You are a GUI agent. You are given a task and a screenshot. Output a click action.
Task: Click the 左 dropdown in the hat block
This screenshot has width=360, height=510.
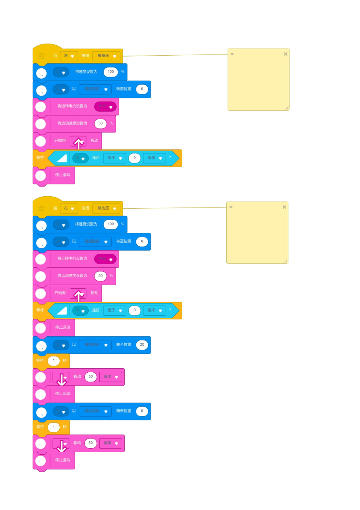click(69, 56)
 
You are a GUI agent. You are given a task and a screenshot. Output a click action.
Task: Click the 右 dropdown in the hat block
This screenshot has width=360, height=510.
click(69, 208)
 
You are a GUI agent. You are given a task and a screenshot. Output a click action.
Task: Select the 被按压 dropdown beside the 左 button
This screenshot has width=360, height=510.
click(107, 56)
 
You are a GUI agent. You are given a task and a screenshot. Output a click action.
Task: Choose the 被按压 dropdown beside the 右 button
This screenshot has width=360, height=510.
click(107, 208)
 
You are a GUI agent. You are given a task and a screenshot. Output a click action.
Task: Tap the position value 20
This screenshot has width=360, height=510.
click(142, 345)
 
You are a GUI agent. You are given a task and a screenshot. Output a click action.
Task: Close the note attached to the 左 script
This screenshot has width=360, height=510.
click(285, 54)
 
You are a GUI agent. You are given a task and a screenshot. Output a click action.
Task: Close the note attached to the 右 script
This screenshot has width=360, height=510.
click(284, 207)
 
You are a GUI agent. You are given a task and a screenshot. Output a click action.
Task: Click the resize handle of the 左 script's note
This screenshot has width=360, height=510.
click(287, 108)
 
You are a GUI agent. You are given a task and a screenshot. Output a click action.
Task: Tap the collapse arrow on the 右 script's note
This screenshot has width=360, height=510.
click(231, 207)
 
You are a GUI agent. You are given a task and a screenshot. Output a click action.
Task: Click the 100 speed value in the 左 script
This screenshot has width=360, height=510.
click(111, 72)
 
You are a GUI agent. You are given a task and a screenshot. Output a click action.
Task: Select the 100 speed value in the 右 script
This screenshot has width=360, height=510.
click(111, 224)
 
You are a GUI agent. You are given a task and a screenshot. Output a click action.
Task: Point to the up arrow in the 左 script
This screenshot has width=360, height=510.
click(78, 142)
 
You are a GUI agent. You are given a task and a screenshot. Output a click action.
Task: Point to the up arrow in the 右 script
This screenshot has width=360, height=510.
click(78, 295)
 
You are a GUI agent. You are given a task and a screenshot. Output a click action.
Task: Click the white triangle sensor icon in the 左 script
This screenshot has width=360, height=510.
click(62, 158)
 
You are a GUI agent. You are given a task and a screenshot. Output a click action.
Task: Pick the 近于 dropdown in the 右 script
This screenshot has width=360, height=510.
click(115, 311)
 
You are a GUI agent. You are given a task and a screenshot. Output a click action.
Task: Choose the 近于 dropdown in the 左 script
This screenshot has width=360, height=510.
click(115, 158)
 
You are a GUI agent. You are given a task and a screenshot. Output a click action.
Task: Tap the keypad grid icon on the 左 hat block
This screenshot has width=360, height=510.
click(41, 56)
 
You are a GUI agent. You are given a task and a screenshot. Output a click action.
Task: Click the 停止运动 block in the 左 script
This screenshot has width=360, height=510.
click(62, 175)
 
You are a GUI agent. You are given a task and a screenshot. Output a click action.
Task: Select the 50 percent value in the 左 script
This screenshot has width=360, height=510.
click(100, 124)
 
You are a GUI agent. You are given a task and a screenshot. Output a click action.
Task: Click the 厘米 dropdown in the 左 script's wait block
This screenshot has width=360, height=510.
click(155, 158)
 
